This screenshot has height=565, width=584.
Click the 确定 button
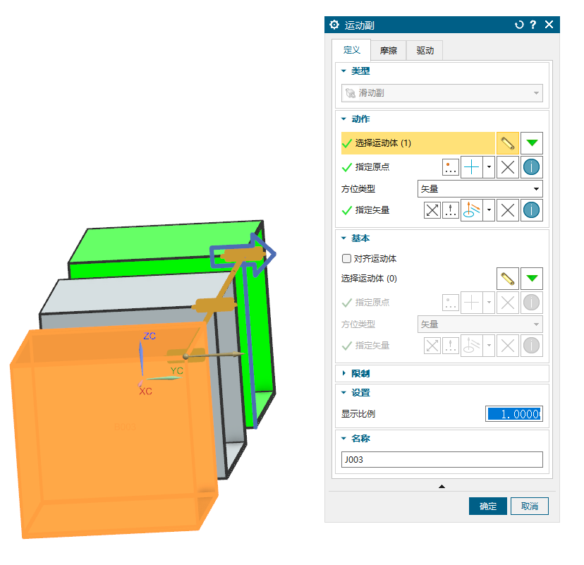tap(487, 506)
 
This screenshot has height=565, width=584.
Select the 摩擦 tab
tap(388, 50)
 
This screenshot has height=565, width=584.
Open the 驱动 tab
tap(425, 50)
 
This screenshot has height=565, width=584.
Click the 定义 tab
tap(351, 49)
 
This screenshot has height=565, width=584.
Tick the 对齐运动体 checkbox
tap(346, 258)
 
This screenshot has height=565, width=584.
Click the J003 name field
tap(442, 460)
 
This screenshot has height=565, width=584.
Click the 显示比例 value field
tap(514, 414)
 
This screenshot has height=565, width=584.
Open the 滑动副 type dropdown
tap(442, 93)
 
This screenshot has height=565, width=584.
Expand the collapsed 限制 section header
tap(360, 373)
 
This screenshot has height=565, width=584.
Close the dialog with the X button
tap(549, 25)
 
